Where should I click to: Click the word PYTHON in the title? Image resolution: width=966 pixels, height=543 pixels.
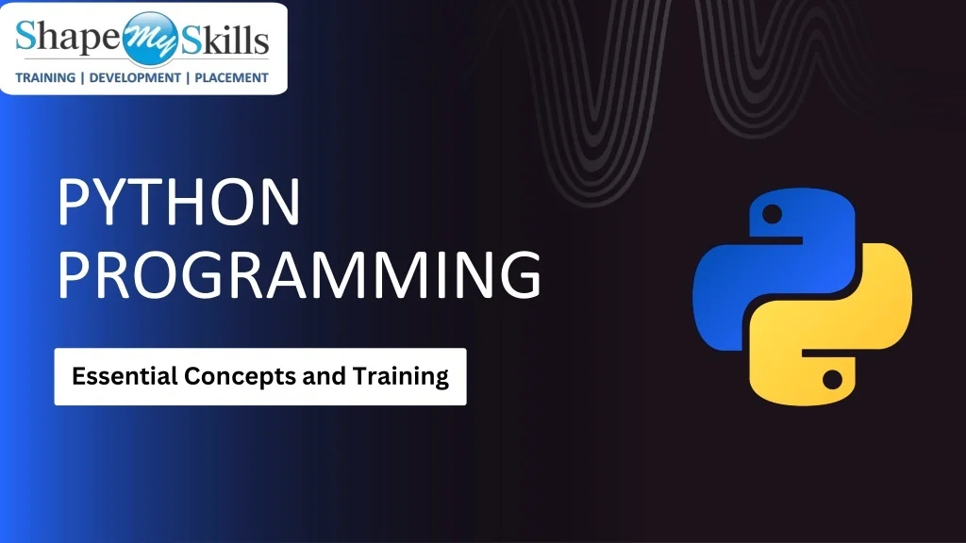(x=178, y=203)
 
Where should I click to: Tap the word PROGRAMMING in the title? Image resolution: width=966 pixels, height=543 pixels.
(x=299, y=272)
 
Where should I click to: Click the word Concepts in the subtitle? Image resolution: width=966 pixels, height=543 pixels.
(x=240, y=377)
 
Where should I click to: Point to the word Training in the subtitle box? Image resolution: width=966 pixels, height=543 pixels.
(x=401, y=377)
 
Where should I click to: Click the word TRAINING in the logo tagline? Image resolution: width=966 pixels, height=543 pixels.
(x=45, y=78)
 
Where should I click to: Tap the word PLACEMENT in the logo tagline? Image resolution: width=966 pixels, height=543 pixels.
(x=231, y=78)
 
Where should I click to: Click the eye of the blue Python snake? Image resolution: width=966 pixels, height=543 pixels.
(x=773, y=217)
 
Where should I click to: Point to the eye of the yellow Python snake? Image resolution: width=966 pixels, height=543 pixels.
(x=832, y=380)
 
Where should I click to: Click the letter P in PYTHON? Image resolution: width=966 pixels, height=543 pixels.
(x=75, y=203)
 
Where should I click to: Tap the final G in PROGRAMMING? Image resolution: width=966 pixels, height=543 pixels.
(x=518, y=272)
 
